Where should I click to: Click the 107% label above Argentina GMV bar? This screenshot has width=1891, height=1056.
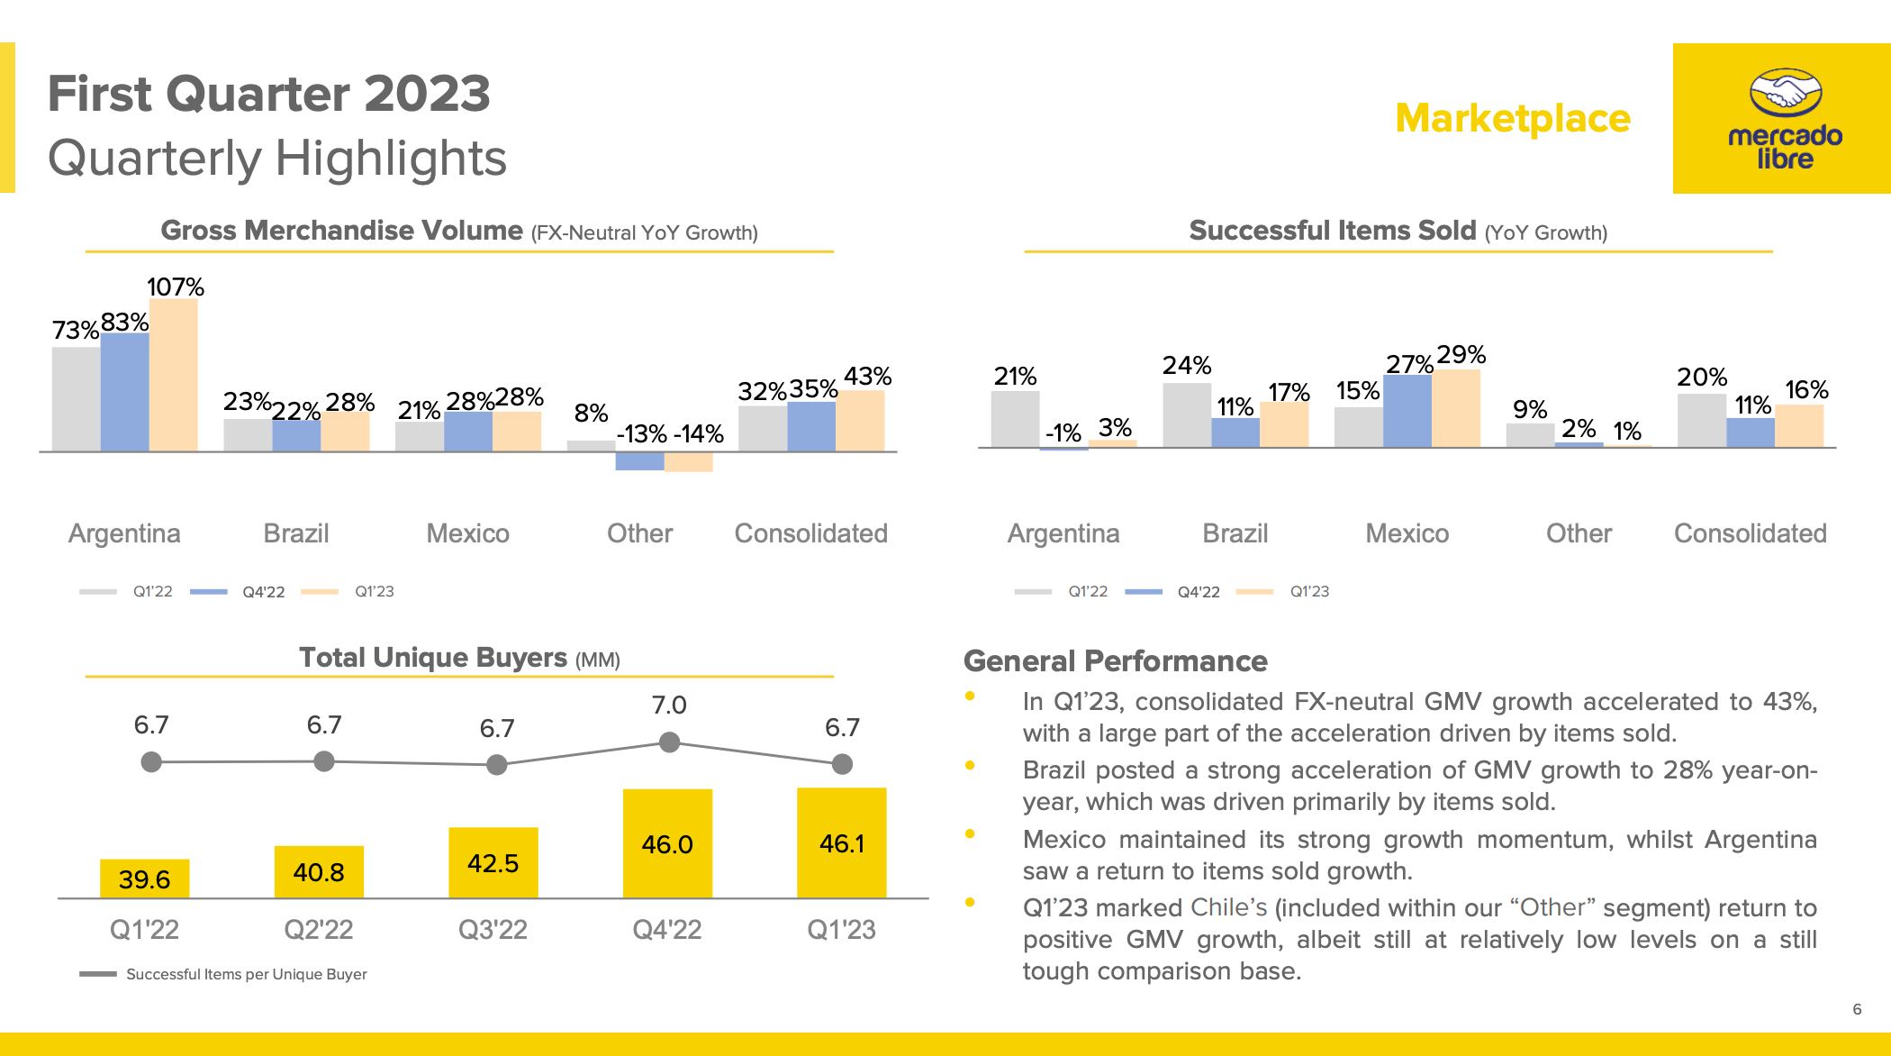click(176, 287)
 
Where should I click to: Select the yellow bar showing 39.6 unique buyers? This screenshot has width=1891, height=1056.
click(144, 878)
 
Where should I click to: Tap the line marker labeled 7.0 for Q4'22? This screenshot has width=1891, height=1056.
click(669, 742)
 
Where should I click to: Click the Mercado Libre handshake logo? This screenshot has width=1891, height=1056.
click(1785, 93)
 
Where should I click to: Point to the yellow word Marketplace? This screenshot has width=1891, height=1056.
click(1513, 119)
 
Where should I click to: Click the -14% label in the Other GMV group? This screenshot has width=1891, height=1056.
click(698, 434)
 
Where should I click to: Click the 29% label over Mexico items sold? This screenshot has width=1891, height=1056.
click(1461, 355)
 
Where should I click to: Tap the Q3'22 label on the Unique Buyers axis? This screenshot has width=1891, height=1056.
click(493, 929)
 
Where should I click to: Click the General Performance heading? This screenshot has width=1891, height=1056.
click(1115, 661)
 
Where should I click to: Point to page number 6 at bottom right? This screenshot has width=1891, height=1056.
click(1856, 1009)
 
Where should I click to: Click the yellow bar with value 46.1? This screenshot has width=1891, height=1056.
click(841, 843)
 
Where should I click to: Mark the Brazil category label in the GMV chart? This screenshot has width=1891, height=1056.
click(295, 533)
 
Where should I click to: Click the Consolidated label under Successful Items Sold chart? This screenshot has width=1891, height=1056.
click(1750, 533)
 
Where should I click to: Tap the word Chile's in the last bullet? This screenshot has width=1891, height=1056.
click(1228, 907)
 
